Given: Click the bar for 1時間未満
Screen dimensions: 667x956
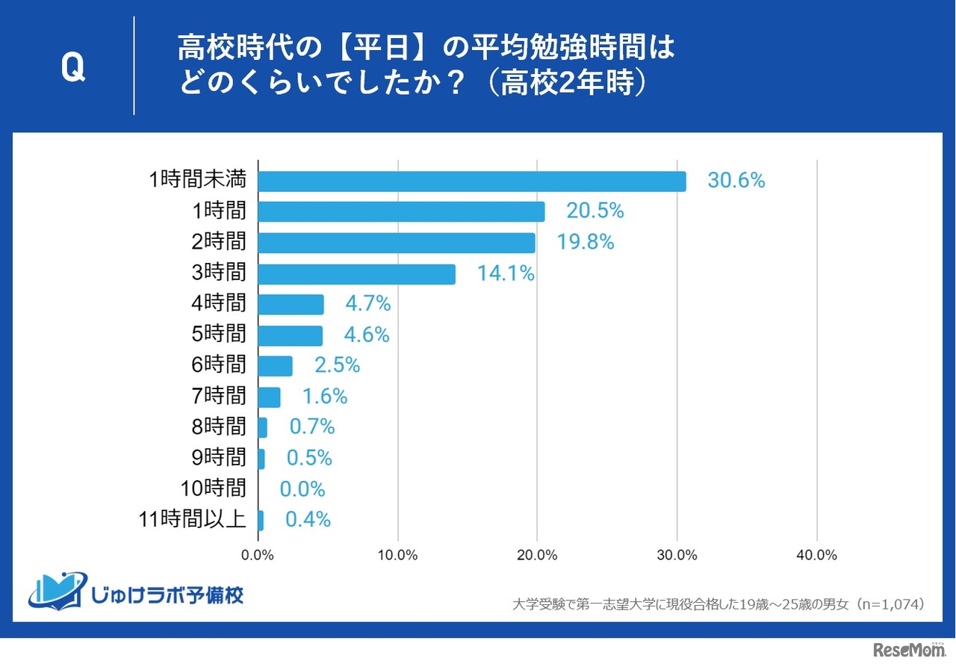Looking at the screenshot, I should [x=471, y=182].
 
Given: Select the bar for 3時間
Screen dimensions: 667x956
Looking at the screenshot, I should [x=356, y=274].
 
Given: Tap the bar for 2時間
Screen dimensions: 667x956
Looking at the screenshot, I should [x=397, y=243].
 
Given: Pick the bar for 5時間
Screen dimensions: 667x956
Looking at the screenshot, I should [x=291, y=335].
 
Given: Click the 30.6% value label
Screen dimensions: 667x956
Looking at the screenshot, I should [x=736, y=180].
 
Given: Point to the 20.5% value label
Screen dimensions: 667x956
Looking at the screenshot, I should [x=595, y=211].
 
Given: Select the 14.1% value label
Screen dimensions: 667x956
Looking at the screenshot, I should [x=506, y=274].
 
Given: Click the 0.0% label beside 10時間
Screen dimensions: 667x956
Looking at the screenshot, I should [x=302, y=489].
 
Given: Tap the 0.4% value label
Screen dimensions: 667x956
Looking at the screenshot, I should [x=308, y=520].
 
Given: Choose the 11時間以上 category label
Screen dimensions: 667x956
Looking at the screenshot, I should [x=193, y=519].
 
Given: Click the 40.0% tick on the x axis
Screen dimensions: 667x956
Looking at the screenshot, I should [x=816, y=556].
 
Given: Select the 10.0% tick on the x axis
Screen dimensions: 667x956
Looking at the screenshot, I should [x=397, y=556].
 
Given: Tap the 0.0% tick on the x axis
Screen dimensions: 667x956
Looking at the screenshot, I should [x=258, y=556].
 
